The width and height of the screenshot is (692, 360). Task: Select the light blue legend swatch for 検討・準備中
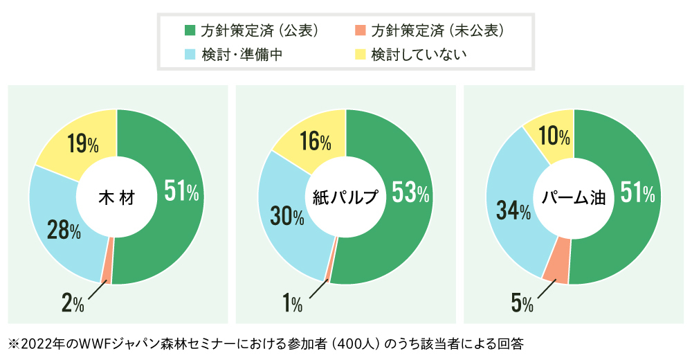point(190,53)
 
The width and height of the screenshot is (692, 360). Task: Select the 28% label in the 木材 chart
point(62,230)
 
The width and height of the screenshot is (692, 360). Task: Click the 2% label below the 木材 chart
point(73,303)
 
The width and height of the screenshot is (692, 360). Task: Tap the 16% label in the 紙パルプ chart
point(316,142)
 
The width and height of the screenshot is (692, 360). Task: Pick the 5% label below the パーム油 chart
point(522,303)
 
